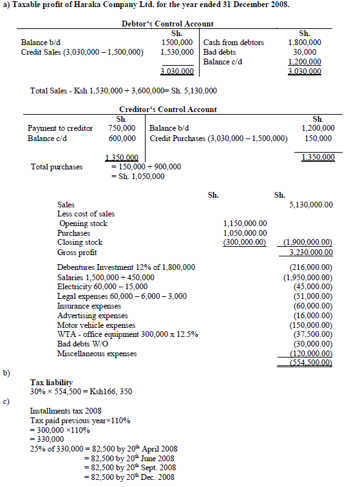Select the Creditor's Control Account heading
point(168,110)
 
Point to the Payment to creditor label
point(60,128)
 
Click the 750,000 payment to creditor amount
point(122,128)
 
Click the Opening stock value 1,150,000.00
point(245,224)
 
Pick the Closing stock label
point(80,242)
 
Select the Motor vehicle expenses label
point(92,325)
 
